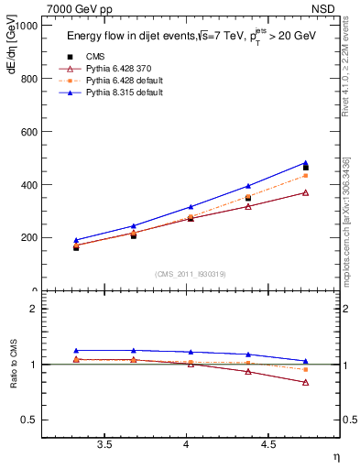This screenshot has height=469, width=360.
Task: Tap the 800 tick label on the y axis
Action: pyautogui.click(x=29, y=79)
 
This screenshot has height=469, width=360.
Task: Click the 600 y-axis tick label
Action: pyautogui.click(x=29, y=132)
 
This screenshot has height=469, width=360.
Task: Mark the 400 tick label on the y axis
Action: pyautogui.click(x=29, y=185)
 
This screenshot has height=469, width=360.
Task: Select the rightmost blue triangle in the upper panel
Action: pyautogui.click(x=306, y=163)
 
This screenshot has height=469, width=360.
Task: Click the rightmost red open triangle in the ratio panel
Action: pyautogui.click(x=306, y=382)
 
